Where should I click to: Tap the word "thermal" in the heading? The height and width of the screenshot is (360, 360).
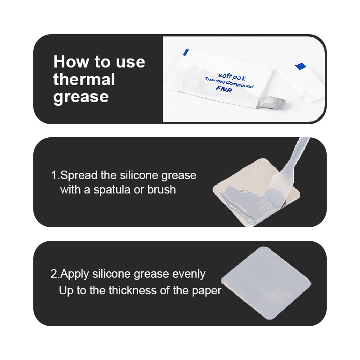[x=84, y=79]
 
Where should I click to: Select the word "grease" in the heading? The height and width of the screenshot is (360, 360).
[x=81, y=97]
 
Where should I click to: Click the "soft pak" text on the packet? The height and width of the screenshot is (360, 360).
[x=232, y=76]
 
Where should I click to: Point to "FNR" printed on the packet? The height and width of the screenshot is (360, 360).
[x=224, y=89]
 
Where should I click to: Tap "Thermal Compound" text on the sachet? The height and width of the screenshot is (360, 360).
[x=229, y=83]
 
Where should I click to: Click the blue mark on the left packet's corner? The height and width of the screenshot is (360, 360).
[x=186, y=52]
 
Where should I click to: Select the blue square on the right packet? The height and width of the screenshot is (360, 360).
[x=301, y=66]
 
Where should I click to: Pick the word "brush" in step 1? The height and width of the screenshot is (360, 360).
[x=162, y=189]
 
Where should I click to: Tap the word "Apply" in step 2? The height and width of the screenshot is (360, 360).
[x=74, y=274]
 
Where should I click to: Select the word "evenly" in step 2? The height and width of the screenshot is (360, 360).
[x=189, y=274]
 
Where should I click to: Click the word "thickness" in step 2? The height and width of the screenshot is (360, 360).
[x=133, y=290]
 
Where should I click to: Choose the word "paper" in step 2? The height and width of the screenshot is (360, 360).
[x=207, y=291]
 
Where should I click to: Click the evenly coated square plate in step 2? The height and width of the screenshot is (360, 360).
[x=266, y=283]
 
